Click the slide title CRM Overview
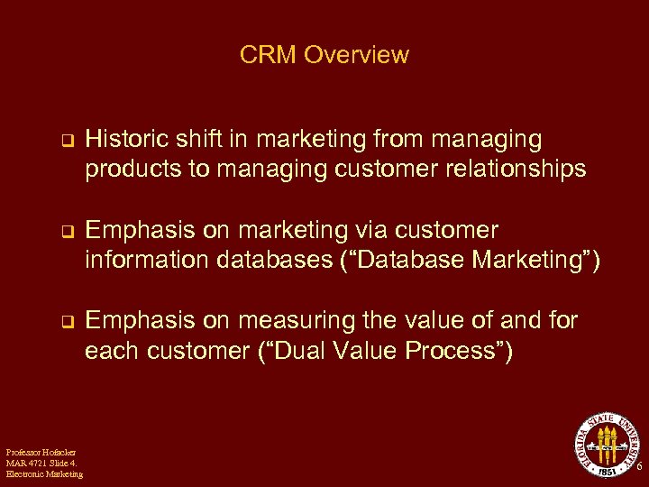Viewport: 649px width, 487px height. pyautogui.click(x=324, y=55)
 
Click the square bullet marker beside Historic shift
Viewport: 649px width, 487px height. pyautogui.click(x=65, y=142)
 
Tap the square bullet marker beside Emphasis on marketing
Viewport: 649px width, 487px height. pyautogui.click(x=65, y=232)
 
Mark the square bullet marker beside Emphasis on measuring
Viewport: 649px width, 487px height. pyautogui.click(x=65, y=322)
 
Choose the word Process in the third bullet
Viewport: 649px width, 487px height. pyautogui.click(x=455, y=350)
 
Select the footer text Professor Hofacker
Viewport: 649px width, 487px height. pyautogui.click(x=41, y=451)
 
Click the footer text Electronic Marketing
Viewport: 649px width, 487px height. pyautogui.click(x=44, y=474)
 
